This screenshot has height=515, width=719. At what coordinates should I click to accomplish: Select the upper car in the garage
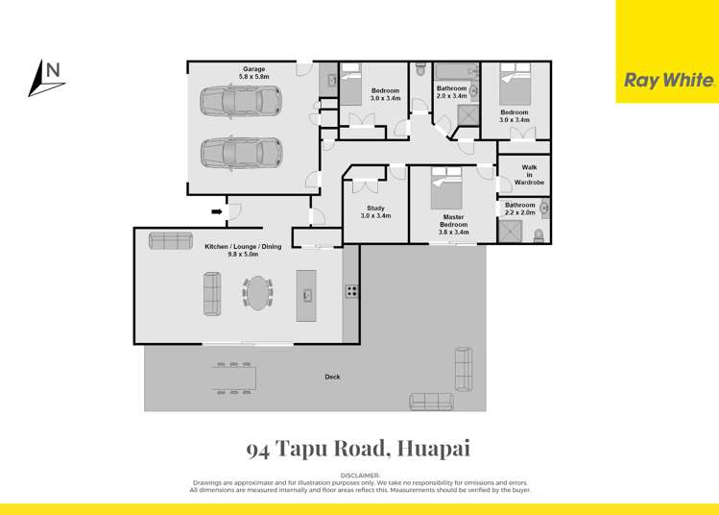coord(241,100)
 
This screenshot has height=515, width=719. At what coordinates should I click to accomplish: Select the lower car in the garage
coord(241,152)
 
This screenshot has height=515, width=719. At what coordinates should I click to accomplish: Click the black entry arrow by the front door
coord(217,211)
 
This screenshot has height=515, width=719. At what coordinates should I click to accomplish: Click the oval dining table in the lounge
coord(257,292)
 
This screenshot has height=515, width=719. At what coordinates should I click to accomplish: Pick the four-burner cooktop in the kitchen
coord(351,291)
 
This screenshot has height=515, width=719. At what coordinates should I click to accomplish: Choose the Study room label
coord(375,212)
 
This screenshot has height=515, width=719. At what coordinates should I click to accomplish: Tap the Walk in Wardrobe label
coord(529,174)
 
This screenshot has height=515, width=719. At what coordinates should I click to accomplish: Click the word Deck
coord(332,378)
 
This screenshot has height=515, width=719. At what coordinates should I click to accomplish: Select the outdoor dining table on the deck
coord(233,378)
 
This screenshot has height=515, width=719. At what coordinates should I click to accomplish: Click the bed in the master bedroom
coord(448,184)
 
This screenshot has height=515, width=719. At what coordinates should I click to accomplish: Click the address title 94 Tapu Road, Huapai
coord(358,449)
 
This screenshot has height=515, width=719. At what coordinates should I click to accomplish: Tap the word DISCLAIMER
coord(360,476)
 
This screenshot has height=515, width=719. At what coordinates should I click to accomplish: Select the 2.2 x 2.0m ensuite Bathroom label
coord(520,208)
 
